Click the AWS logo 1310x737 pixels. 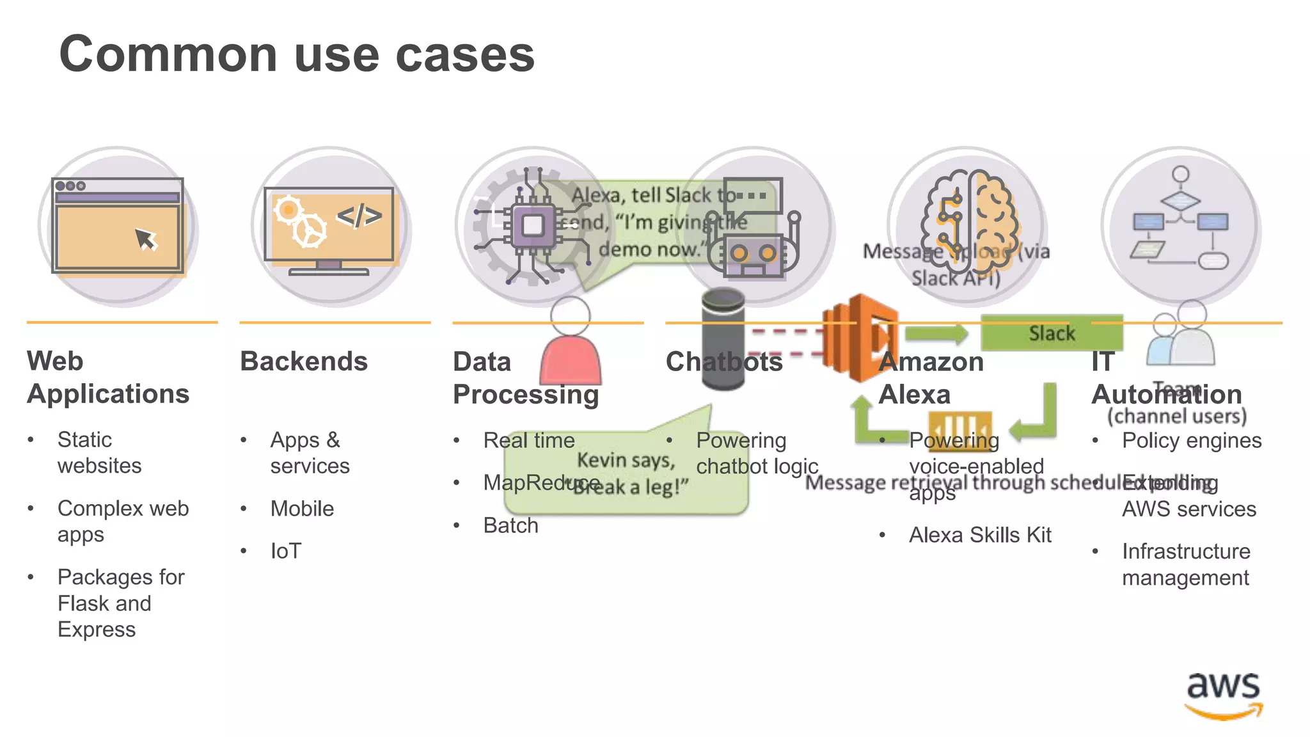pos(1223,695)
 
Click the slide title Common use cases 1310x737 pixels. pos(297,54)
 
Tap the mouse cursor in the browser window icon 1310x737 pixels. pos(146,240)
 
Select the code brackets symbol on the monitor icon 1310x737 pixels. pos(359,216)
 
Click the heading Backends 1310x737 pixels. pos(304,361)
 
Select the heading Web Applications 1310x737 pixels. pos(107,377)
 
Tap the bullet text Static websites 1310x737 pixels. pos(99,452)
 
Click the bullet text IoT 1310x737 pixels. pos(285,551)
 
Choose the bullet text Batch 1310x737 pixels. pos(510,525)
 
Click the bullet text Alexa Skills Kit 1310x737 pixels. pos(980,535)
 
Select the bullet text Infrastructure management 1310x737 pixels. pos(1185,564)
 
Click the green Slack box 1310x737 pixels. pos(1052,333)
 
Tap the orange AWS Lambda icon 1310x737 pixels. pos(860,337)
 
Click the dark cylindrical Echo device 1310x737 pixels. pos(723,339)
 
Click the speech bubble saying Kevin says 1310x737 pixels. pos(626,473)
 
